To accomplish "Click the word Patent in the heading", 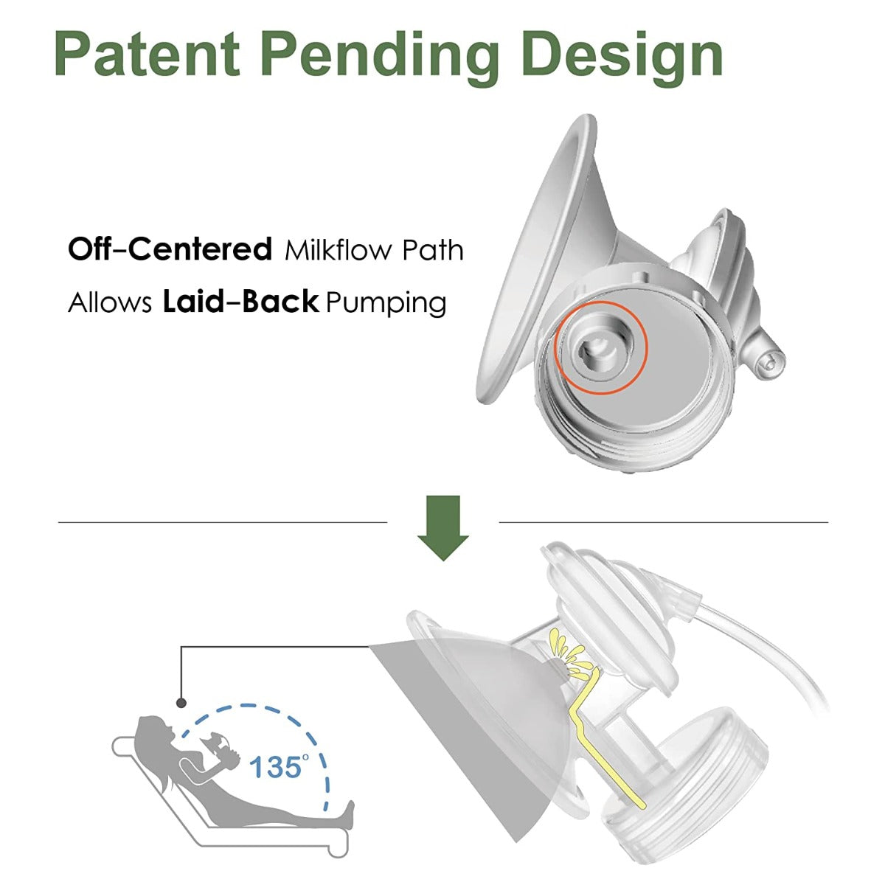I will [147, 53].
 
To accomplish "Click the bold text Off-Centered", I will [170, 249].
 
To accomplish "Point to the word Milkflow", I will [337, 251].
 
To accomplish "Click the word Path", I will [433, 251].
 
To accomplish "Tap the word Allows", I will [110, 302].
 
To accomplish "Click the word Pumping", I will [386, 303].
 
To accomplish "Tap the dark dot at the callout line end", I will [180, 703].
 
